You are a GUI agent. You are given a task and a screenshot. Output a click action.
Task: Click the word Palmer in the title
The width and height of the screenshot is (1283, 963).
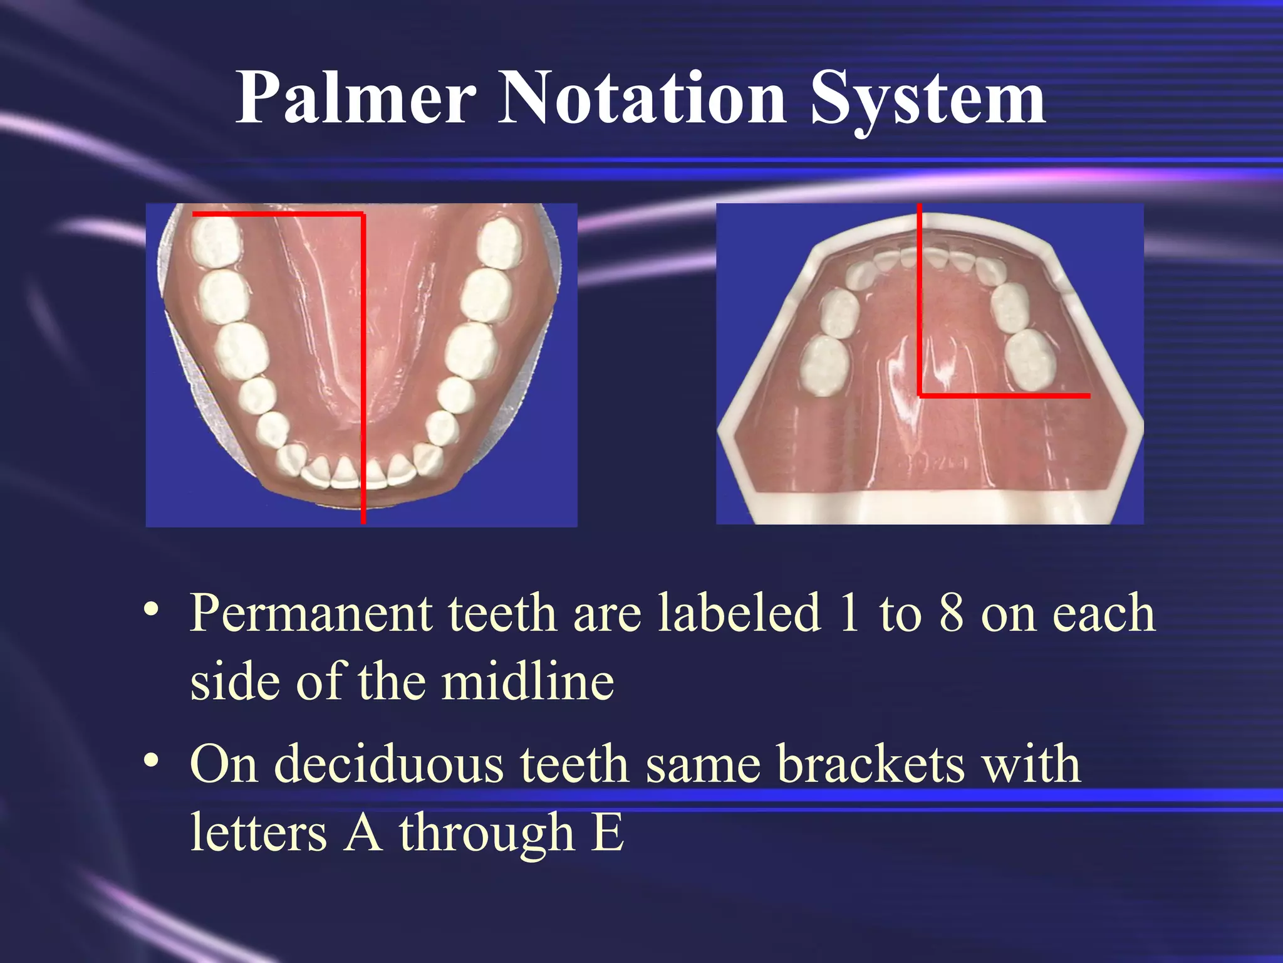[355, 98]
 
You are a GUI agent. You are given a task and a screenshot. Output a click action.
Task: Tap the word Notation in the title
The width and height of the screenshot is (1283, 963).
[641, 98]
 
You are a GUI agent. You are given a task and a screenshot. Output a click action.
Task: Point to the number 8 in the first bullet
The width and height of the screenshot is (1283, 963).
[951, 613]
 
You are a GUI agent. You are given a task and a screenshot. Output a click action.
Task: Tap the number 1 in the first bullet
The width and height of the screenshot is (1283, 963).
[850, 613]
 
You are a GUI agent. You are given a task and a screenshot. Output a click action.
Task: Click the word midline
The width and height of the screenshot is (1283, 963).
[527, 682]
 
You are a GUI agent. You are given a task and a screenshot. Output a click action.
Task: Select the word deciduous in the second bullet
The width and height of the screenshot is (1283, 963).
[389, 765]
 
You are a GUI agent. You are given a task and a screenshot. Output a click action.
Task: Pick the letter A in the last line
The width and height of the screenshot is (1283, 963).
[363, 833]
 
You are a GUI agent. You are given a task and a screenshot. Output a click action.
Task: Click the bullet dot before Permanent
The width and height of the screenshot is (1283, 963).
[150, 609]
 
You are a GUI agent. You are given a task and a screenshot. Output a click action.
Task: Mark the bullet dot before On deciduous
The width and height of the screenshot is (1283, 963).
[150, 760]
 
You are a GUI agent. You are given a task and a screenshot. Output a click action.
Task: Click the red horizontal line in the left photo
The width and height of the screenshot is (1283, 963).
[276, 214]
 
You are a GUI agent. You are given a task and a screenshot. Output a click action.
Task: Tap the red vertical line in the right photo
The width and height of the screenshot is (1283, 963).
[919, 301]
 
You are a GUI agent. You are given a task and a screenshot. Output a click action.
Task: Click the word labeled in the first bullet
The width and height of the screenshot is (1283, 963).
[739, 613]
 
